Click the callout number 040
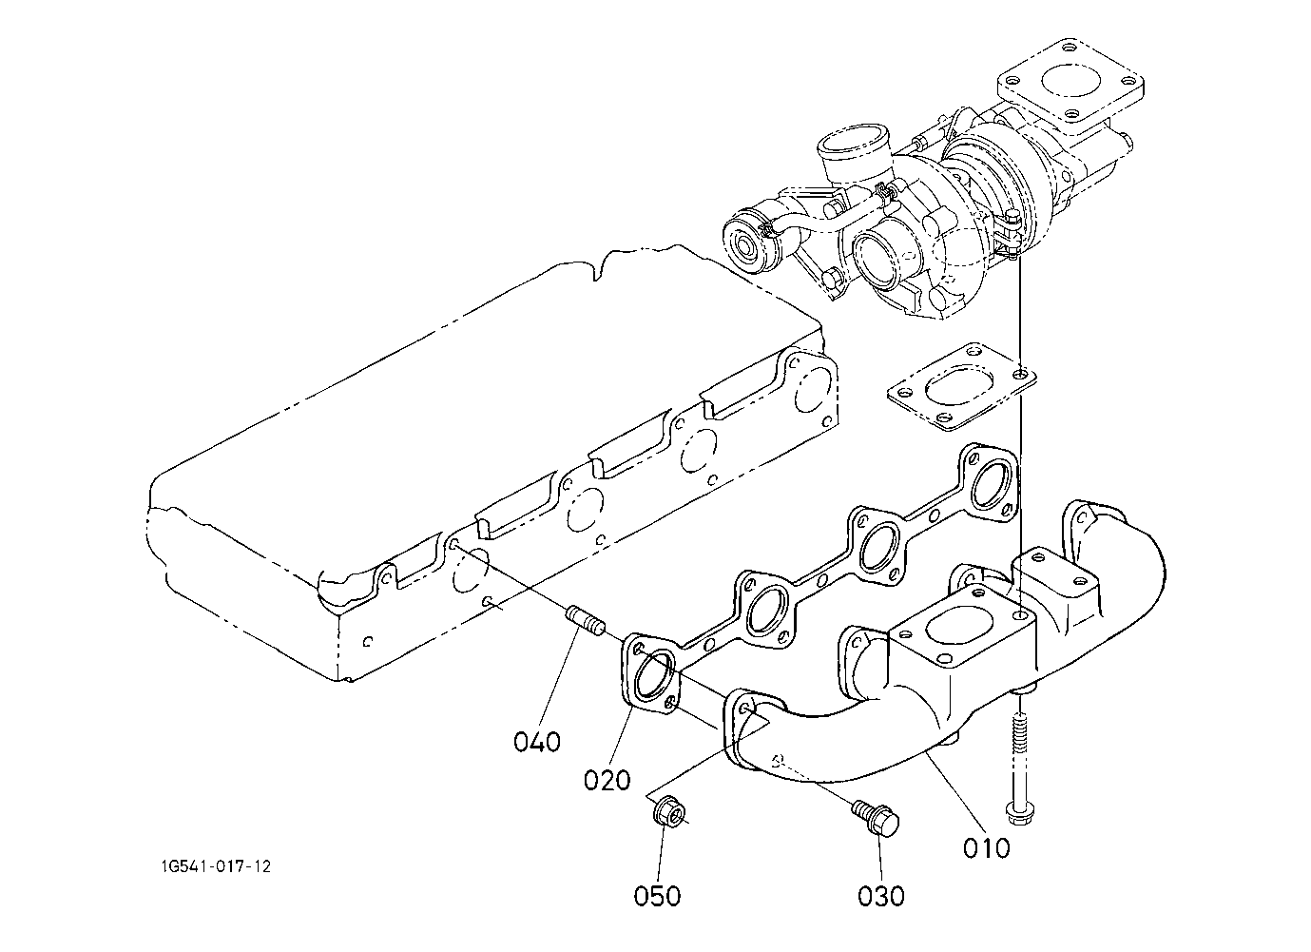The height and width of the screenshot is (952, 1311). [537, 742]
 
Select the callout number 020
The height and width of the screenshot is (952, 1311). [607, 780]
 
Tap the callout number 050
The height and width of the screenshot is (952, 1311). [657, 897]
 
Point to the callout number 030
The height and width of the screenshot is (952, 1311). [881, 897]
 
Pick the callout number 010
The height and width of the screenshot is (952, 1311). [987, 848]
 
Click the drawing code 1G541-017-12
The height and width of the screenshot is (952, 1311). [217, 866]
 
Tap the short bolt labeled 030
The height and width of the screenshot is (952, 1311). [875, 818]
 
